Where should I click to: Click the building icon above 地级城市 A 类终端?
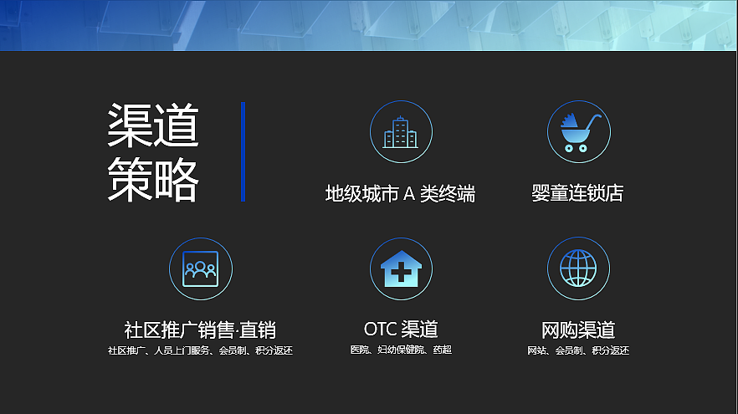(x=401, y=132)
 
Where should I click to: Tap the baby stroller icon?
(x=578, y=132)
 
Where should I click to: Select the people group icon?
(x=201, y=268)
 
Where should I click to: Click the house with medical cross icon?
(x=401, y=269)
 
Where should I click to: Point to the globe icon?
(x=578, y=268)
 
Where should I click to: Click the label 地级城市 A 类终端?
(x=400, y=194)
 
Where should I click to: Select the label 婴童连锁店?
(x=577, y=194)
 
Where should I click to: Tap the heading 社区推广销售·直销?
(x=200, y=329)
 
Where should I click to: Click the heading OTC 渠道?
(x=401, y=329)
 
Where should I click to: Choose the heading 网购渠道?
(x=578, y=329)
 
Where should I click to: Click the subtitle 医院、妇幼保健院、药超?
(x=401, y=350)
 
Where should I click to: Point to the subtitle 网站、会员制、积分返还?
(x=578, y=350)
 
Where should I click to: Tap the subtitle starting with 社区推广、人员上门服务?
(x=200, y=350)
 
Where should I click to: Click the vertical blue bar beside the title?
(x=243, y=151)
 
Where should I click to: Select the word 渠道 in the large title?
(x=153, y=126)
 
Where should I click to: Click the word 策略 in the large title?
(x=153, y=177)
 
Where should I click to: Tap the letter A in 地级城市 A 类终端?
(x=409, y=194)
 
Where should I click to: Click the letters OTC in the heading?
(x=381, y=329)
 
